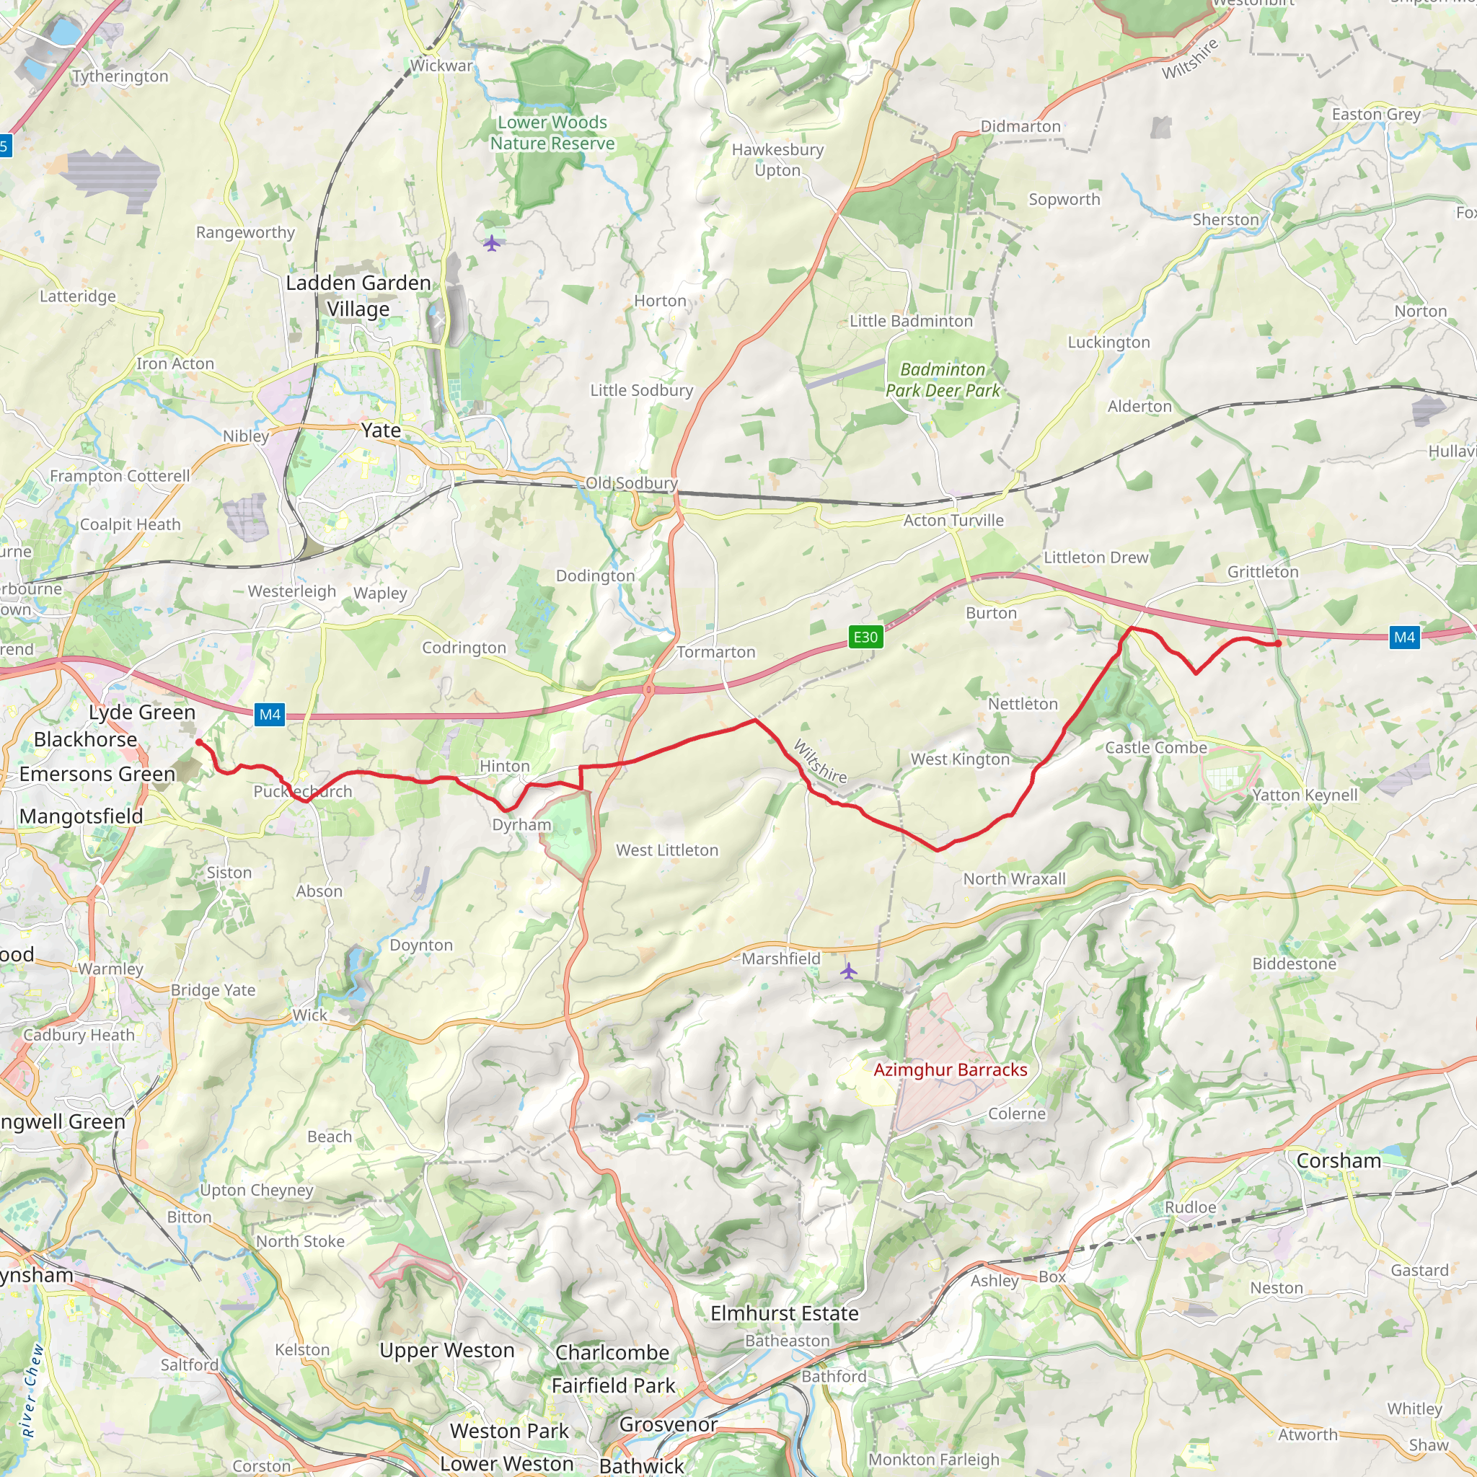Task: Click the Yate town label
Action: (x=381, y=431)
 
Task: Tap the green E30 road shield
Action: (x=865, y=637)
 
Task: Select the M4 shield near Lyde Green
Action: (x=270, y=714)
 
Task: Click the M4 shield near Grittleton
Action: (x=1404, y=637)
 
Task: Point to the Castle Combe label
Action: (x=1156, y=748)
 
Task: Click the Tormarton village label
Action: (x=715, y=652)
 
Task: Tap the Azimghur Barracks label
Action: (x=951, y=1070)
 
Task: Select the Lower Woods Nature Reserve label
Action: (x=552, y=133)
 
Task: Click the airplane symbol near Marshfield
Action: (x=849, y=971)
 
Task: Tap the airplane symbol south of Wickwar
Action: (x=492, y=243)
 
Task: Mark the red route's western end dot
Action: (x=199, y=741)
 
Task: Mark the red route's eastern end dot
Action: (x=1278, y=644)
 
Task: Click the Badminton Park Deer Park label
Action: (x=943, y=380)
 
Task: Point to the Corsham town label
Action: (x=1339, y=1160)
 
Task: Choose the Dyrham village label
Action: (x=521, y=825)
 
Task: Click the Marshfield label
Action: (x=780, y=958)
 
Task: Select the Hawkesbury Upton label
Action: (x=777, y=160)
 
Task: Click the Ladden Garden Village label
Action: (x=358, y=296)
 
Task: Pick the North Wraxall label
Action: (x=1014, y=879)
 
